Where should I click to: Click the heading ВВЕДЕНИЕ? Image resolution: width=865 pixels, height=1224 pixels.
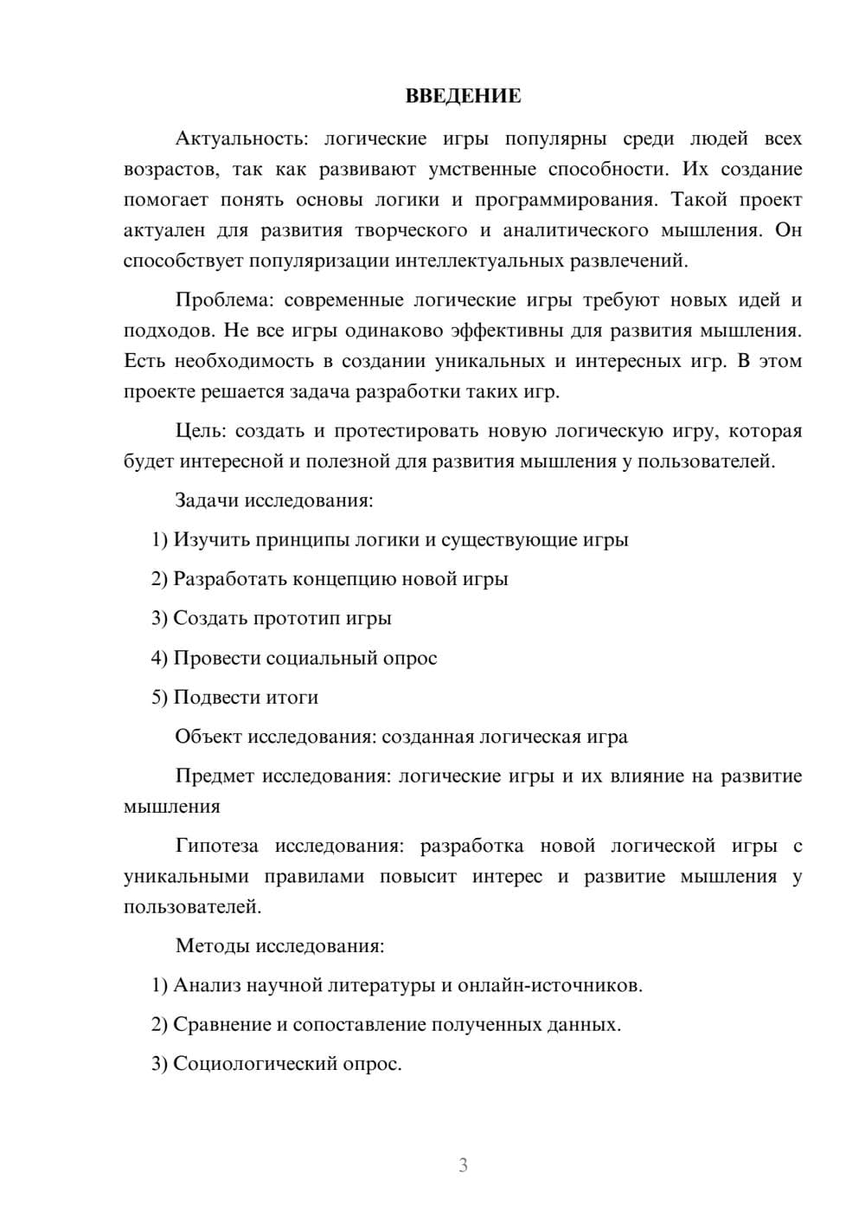[x=463, y=96]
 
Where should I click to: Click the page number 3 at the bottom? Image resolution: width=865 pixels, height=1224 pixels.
[x=463, y=1165]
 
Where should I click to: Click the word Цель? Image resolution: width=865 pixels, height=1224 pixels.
[x=198, y=431]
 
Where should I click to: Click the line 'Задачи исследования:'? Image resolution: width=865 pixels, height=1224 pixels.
[x=273, y=500]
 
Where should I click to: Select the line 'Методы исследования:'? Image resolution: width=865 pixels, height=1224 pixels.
[x=279, y=945]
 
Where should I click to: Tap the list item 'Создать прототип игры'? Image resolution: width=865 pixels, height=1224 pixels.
[x=282, y=618]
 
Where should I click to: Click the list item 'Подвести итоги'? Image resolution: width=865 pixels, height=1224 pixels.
[x=246, y=697]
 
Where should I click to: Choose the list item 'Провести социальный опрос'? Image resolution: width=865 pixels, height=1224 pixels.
[x=304, y=658]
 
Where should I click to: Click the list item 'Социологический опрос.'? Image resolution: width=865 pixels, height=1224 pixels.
[x=287, y=1064]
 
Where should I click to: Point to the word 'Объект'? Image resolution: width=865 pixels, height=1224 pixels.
[x=208, y=737]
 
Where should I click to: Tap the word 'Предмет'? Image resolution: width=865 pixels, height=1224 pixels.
[x=215, y=776]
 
